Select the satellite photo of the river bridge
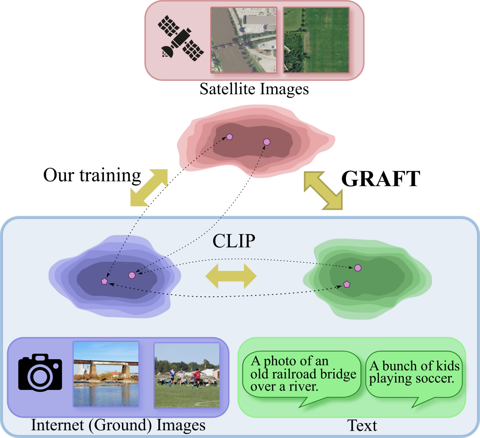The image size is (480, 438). click(244, 40)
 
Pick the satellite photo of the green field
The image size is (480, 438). click(316, 40)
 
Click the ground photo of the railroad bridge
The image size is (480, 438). click(106, 374)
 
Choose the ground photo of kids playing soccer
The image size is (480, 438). click(187, 374)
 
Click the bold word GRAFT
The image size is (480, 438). click(380, 179)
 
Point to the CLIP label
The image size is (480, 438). click(234, 241)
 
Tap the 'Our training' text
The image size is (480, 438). click(92, 175)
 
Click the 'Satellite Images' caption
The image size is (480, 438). click(254, 89)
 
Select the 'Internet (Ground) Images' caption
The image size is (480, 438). click(118, 426)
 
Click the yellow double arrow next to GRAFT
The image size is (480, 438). click(323, 190)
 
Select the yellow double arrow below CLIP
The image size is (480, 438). click(231, 277)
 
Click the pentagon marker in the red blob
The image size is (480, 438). click(230, 137)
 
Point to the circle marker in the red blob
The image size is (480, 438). click(267, 142)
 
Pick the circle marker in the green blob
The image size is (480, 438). click(358, 268)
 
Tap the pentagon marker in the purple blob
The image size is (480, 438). click(104, 281)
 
